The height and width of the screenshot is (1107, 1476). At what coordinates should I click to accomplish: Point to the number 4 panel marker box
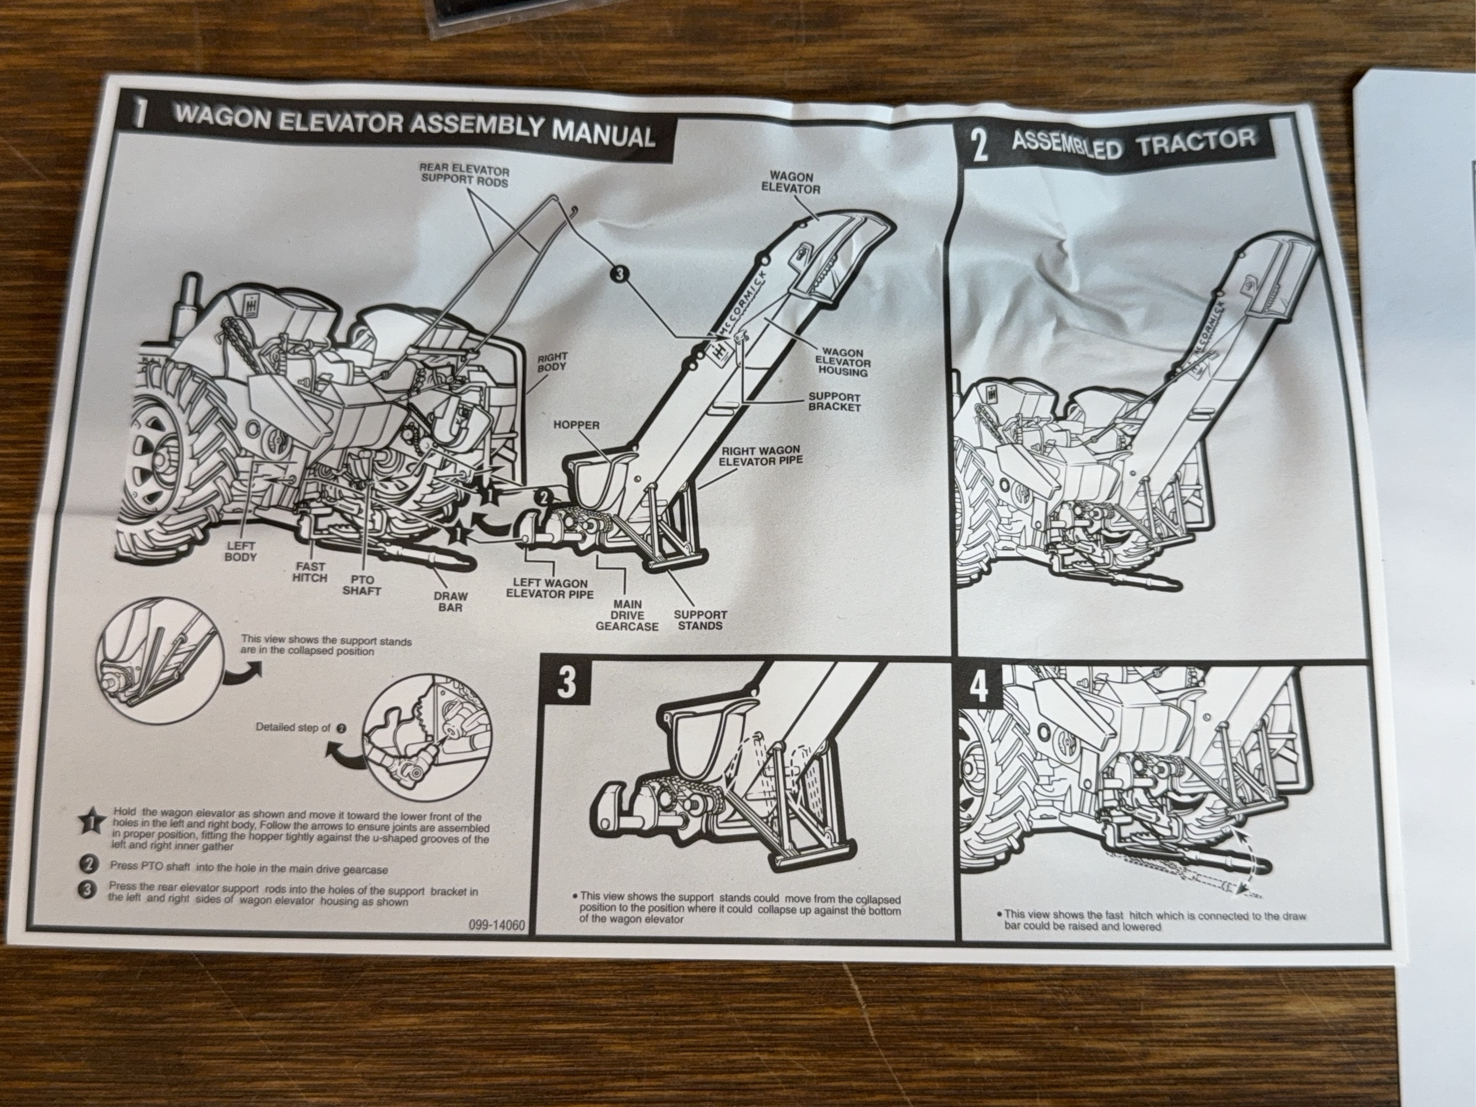pyautogui.click(x=978, y=688)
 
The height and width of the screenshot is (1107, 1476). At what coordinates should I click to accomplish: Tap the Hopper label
pyautogui.click(x=576, y=425)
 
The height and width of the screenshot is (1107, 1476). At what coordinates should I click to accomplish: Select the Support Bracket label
pyautogui.click(x=833, y=401)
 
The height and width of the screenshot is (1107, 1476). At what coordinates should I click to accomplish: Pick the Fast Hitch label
pyautogui.click(x=309, y=572)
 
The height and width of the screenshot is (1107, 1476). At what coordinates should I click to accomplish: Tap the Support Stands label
pyautogui.click(x=700, y=620)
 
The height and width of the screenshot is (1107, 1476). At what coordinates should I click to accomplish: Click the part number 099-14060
pyautogui.click(x=502, y=926)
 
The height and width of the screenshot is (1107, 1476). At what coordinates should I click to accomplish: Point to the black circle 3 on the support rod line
pyautogui.click(x=620, y=273)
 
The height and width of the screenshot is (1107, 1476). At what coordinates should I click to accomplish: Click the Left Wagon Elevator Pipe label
pyautogui.click(x=549, y=588)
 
